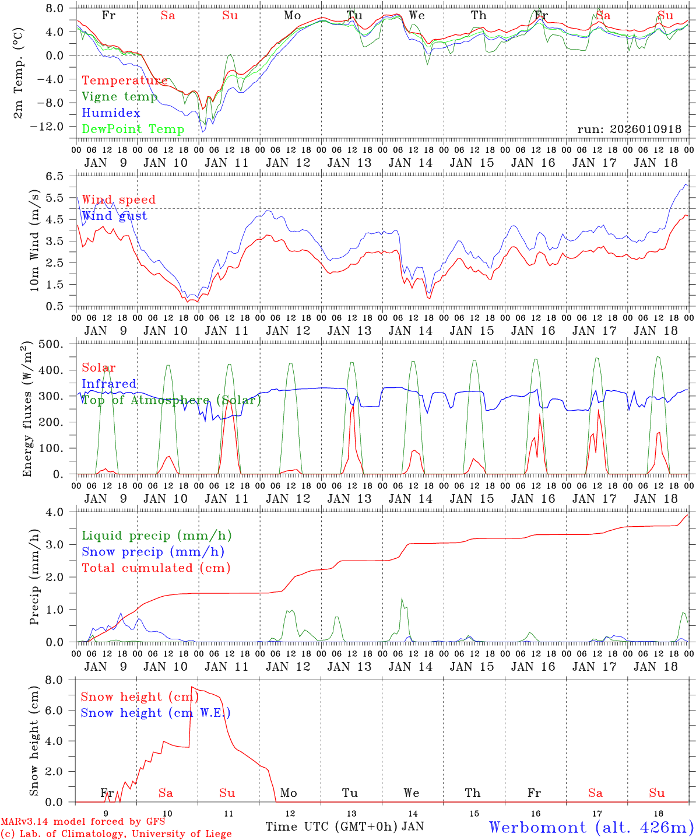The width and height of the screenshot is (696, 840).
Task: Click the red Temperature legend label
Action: (x=125, y=80)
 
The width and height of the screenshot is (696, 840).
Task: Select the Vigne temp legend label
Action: (x=119, y=97)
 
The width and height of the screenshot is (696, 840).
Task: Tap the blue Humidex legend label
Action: (x=111, y=113)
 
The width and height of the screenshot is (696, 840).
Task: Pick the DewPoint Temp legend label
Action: (x=133, y=129)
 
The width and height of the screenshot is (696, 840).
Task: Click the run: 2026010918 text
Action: (x=630, y=129)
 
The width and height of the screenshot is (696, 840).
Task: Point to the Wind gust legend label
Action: (x=114, y=216)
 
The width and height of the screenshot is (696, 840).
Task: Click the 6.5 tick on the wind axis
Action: (x=60, y=176)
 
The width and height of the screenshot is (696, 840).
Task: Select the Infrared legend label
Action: (x=109, y=384)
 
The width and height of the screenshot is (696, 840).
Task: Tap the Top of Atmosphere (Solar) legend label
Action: (x=171, y=400)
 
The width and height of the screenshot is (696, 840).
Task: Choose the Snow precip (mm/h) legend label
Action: (x=153, y=552)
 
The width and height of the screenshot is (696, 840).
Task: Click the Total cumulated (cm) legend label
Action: (x=156, y=568)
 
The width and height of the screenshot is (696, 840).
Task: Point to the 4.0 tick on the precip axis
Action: (x=60, y=512)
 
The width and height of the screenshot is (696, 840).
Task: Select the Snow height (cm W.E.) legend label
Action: (x=156, y=713)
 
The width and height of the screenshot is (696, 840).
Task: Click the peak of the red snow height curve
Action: (x=192, y=688)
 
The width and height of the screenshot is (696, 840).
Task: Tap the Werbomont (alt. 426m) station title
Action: (x=591, y=827)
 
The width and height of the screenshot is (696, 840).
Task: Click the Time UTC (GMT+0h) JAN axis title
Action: (x=345, y=827)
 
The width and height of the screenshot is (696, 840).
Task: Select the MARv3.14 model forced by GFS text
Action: (x=83, y=821)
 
